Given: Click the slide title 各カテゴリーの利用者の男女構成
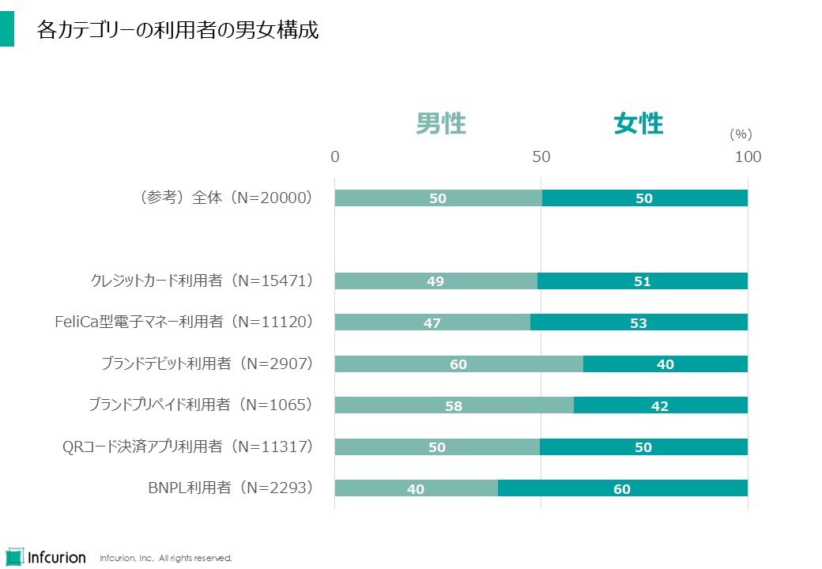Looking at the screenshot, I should click(178, 31).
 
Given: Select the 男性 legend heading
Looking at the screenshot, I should click(441, 124).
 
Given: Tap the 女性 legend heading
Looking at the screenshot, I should click(639, 124).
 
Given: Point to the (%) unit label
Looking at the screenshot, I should click(741, 134).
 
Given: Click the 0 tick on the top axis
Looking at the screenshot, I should click(335, 156).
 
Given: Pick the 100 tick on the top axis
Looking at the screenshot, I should click(748, 156).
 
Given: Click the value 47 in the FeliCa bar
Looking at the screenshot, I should click(432, 322).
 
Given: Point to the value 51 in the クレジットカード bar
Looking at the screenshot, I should click(642, 281).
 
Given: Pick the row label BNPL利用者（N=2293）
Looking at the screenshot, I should click(231, 488).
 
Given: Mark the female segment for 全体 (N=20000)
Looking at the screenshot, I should click(645, 198).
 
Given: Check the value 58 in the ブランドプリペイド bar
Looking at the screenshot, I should click(453, 406).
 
